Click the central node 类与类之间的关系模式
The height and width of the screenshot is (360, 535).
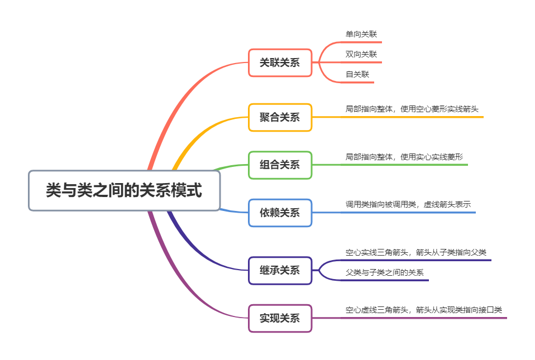pyautogui.click(x=124, y=191)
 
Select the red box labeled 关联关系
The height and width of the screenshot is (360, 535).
pyautogui.click(x=280, y=63)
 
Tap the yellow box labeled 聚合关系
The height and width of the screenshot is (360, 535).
pyautogui.click(x=280, y=117)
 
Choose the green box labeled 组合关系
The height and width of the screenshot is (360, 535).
pyautogui.click(x=280, y=165)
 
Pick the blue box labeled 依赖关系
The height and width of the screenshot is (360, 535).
pyautogui.click(x=280, y=213)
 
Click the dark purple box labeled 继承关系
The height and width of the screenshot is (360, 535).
pyautogui.click(x=280, y=270)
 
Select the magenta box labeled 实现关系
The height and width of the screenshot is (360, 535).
pyautogui.click(x=280, y=318)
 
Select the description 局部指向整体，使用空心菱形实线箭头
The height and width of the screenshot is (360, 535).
pyautogui.click(x=412, y=109)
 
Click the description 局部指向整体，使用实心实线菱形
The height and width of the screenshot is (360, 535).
pyautogui.click(x=404, y=157)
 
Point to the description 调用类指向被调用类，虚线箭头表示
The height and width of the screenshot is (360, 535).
pyautogui.click(x=408, y=204)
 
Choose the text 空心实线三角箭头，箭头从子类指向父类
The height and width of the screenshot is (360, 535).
pyautogui.click(x=415, y=252)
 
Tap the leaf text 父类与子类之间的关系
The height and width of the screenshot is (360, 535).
pyautogui.click(x=384, y=272)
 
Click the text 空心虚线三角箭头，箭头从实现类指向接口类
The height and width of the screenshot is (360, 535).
pyautogui.click(x=423, y=310)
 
